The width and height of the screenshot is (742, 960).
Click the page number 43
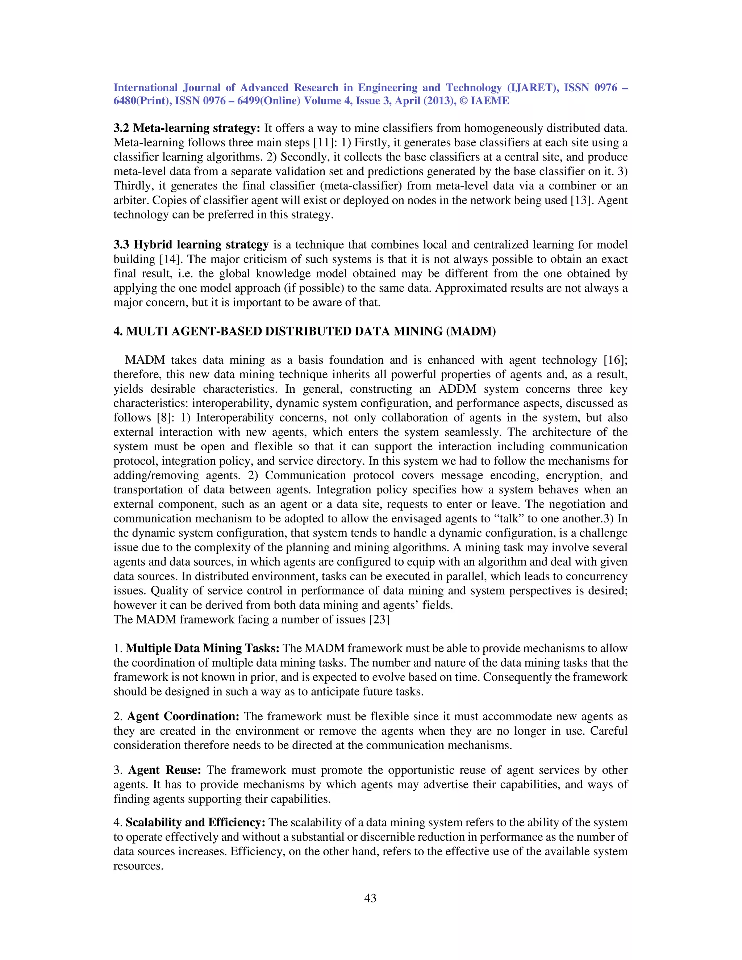[370, 898]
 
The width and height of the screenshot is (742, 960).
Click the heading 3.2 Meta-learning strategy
[187, 128]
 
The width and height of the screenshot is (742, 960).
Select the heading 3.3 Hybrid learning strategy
[191, 245]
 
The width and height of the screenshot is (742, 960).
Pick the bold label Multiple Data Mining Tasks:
[202, 648]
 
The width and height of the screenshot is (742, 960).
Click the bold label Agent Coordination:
[183, 717]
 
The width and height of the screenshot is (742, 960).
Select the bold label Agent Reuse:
[165, 770]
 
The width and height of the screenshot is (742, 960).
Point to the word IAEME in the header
[490, 101]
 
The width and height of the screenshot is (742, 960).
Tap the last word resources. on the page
[138, 866]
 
